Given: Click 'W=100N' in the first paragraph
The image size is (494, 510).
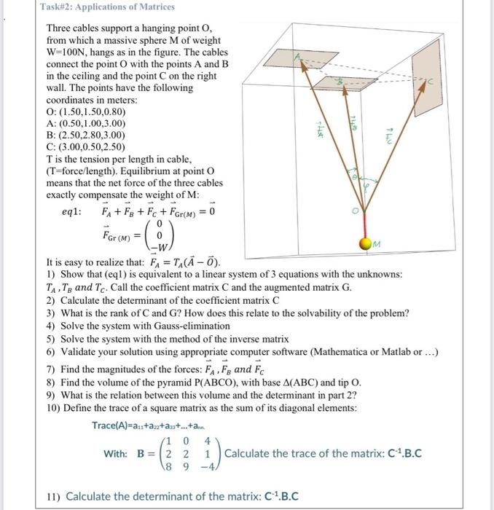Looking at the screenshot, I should (72, 53).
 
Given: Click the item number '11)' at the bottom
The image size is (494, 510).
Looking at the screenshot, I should (52, 496).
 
